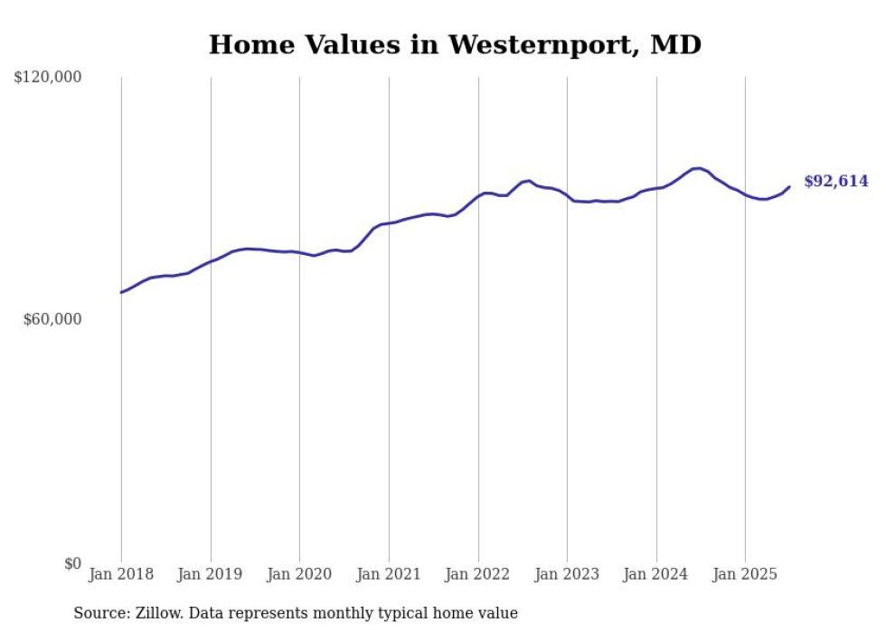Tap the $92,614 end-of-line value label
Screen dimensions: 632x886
[835, 182]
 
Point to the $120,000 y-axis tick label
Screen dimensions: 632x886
[48, 78]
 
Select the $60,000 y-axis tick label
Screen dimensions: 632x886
[52, 319]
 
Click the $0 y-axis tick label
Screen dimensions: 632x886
[72, 563]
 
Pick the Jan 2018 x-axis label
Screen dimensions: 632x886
[121, 574]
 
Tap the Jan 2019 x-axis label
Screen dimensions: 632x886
[211, 574]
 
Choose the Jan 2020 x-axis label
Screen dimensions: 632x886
[299, 574]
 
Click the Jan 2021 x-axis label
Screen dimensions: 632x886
[389, 574]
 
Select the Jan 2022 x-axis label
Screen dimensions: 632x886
[478, 574]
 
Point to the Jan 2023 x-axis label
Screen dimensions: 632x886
[567, 574]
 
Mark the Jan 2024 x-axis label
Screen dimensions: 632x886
[656, 574]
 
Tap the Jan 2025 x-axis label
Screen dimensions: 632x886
[745, 574]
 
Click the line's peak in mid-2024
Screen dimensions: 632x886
[698, 168]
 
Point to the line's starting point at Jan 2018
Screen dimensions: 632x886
[121, 292]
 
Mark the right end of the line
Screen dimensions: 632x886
[789, 187]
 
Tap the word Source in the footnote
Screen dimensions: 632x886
[98, 613]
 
